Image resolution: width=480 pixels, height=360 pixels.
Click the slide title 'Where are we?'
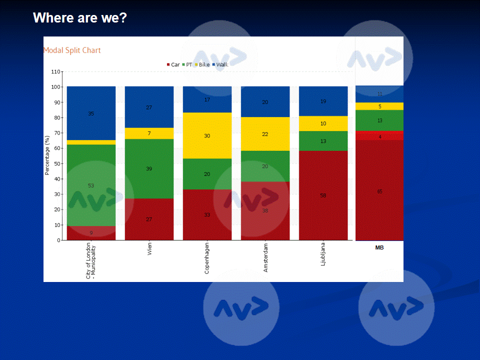coord(80,18)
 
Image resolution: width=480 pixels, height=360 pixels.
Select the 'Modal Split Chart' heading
coord(72,50)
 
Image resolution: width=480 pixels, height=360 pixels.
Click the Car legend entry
coord(173,64)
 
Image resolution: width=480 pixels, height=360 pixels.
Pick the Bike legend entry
coord(202,64)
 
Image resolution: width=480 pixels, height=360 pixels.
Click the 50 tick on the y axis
coord(56,163)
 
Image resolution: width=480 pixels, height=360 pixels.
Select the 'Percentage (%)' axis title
coord(47,155)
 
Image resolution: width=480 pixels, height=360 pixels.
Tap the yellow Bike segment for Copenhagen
coord(207,135)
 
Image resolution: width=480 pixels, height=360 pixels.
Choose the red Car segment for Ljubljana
coord(323,195)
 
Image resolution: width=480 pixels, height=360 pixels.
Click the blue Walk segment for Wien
coord(149,107)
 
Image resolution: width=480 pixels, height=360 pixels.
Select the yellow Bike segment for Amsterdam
coord(265,134)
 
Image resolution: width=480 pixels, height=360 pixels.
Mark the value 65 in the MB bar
coord(379,191)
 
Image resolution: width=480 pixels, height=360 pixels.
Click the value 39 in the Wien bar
coord(149,169)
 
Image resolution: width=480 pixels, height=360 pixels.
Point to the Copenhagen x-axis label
coord(207,258)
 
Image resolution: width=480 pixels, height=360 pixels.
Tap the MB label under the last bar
coord(379,247)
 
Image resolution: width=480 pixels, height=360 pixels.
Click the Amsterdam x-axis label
coord(265,257)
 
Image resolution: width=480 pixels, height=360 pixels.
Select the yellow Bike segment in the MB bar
coord(379,106)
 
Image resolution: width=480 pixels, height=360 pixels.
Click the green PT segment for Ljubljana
coord(323,141)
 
